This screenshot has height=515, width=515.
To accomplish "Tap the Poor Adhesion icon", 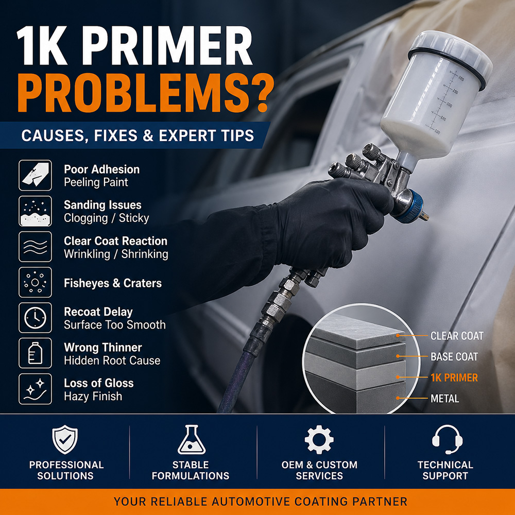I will coord(35,176).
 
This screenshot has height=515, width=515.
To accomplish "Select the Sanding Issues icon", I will coord(35,211).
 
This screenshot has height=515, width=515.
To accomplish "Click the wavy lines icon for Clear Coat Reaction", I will coord(35,247).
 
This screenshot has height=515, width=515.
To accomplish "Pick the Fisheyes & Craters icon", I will coord(35,282).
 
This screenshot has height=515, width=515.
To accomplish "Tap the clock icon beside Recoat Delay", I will coord(35,318).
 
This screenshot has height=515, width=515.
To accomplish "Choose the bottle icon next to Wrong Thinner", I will coord(35,353).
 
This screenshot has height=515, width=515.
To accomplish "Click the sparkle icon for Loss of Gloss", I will coord(35,389).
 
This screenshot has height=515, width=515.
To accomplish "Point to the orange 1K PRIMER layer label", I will coord(454,377).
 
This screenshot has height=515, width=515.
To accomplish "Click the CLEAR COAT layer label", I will coord(457,336).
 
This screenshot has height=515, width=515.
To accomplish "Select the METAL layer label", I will coord(444,398).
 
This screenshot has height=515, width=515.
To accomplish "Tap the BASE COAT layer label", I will coord(454,356).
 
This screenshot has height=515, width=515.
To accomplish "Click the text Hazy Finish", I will coord(93,397).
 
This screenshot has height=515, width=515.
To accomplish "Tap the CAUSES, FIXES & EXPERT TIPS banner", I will coord(137,135).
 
